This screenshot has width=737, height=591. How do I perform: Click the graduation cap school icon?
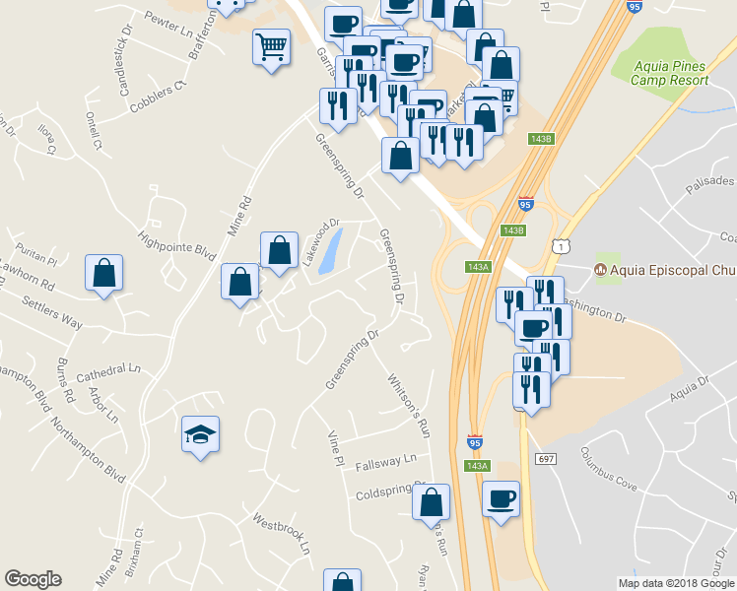(x=200, y=434)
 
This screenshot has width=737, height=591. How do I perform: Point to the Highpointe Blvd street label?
(x=177, y=238)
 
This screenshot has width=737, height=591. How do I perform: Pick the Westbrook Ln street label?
(x=281, y=532)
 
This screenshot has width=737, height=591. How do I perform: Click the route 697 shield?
(x=547, y=459)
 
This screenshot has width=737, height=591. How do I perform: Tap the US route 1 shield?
(x=561, y=243)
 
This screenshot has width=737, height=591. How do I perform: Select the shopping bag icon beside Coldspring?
(x=432, y=501)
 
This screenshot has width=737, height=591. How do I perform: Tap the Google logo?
(x=33, y=579)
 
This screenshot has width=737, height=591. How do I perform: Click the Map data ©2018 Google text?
(x=677, y=583)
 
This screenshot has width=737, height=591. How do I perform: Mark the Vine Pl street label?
(x=336, y=447)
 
